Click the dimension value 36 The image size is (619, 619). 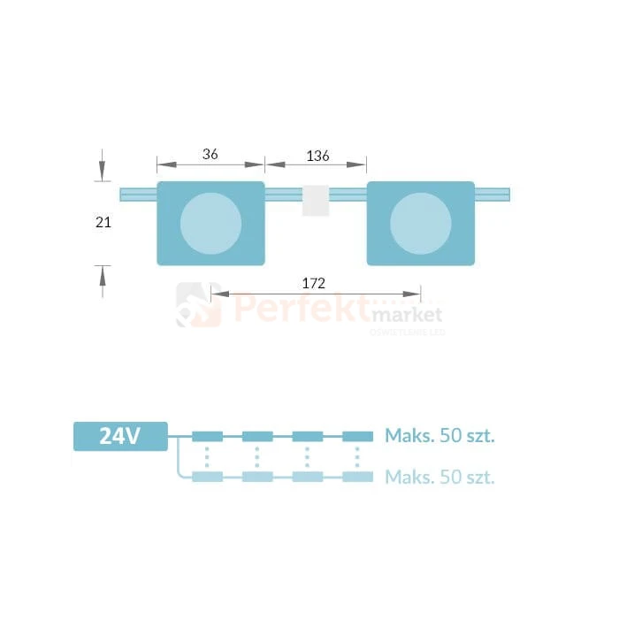[210, 154]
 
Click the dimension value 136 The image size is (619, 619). [317, 156]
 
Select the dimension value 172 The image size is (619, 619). [313, 284]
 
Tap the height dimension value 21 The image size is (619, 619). [103, 223]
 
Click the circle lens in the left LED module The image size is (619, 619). [210, 224]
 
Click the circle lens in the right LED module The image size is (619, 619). [420, 224]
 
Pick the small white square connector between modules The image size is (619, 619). [316, 201]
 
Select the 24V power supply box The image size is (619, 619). [120, 436]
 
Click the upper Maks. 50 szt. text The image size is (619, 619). [439, 435]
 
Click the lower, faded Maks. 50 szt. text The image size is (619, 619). [439, 478]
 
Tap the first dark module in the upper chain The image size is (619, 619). [208, 436]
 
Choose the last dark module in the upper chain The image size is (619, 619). [357, 436]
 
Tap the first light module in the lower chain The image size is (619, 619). [208, 478]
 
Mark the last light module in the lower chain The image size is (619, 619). [357, 478]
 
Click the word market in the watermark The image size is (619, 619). [408, 315]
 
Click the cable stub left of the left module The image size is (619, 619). [138, 195]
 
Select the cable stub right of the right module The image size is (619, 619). [493, 195]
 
